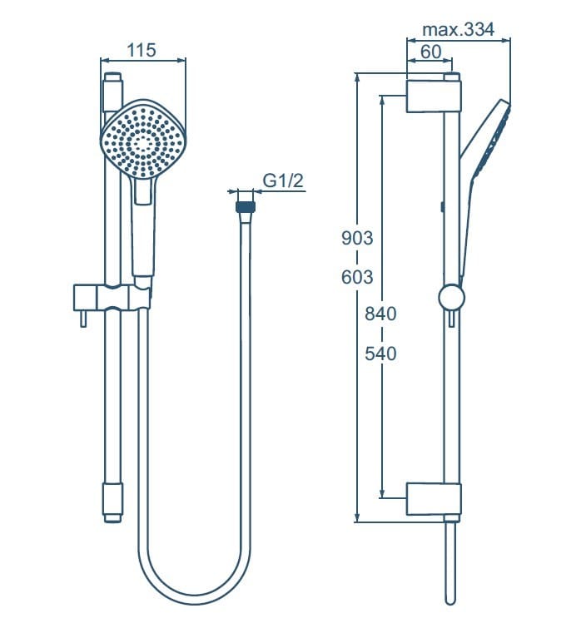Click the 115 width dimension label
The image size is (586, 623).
142,50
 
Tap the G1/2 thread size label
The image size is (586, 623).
282,180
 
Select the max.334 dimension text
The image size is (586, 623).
458,30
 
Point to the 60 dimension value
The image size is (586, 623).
430,52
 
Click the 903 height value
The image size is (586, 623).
357,238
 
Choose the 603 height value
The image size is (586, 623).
357,277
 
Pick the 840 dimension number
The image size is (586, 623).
380,314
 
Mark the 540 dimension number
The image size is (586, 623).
380,354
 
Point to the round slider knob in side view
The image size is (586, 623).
450,298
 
